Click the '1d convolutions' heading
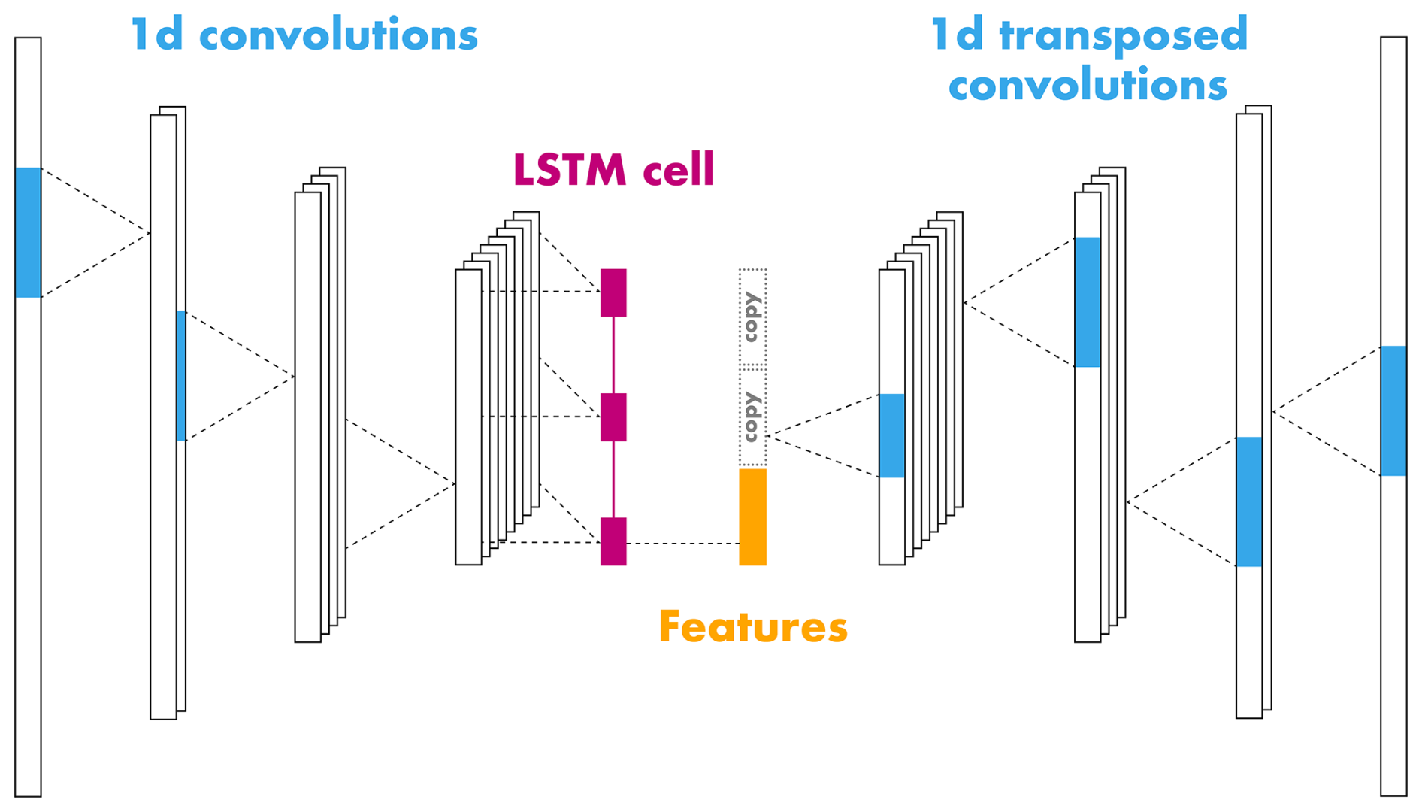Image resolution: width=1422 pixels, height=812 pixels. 304,35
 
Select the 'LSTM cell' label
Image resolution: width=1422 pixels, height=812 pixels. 613,170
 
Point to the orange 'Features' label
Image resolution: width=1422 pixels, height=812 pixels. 752,626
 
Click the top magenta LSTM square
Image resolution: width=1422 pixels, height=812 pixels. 613,292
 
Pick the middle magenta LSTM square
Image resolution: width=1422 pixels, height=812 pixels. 613,417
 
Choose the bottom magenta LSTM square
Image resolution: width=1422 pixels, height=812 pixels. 613,541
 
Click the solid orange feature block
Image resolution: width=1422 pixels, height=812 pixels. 752,517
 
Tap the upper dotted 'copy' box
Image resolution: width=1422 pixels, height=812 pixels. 752,317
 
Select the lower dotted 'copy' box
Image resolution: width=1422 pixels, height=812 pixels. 752,417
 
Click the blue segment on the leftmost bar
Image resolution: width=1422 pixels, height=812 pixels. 28,232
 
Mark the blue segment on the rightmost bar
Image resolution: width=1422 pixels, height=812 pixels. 1393,411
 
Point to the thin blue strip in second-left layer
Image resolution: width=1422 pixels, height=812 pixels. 181,375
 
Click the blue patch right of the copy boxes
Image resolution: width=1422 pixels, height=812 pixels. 891,435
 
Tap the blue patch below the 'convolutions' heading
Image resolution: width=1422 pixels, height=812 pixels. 1087,302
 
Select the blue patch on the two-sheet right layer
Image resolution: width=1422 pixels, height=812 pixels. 1248,501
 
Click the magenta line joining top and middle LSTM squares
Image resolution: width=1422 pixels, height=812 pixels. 613,355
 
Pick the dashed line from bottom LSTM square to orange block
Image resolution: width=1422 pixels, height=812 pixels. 682,543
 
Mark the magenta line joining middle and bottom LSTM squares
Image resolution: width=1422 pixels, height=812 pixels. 613,479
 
